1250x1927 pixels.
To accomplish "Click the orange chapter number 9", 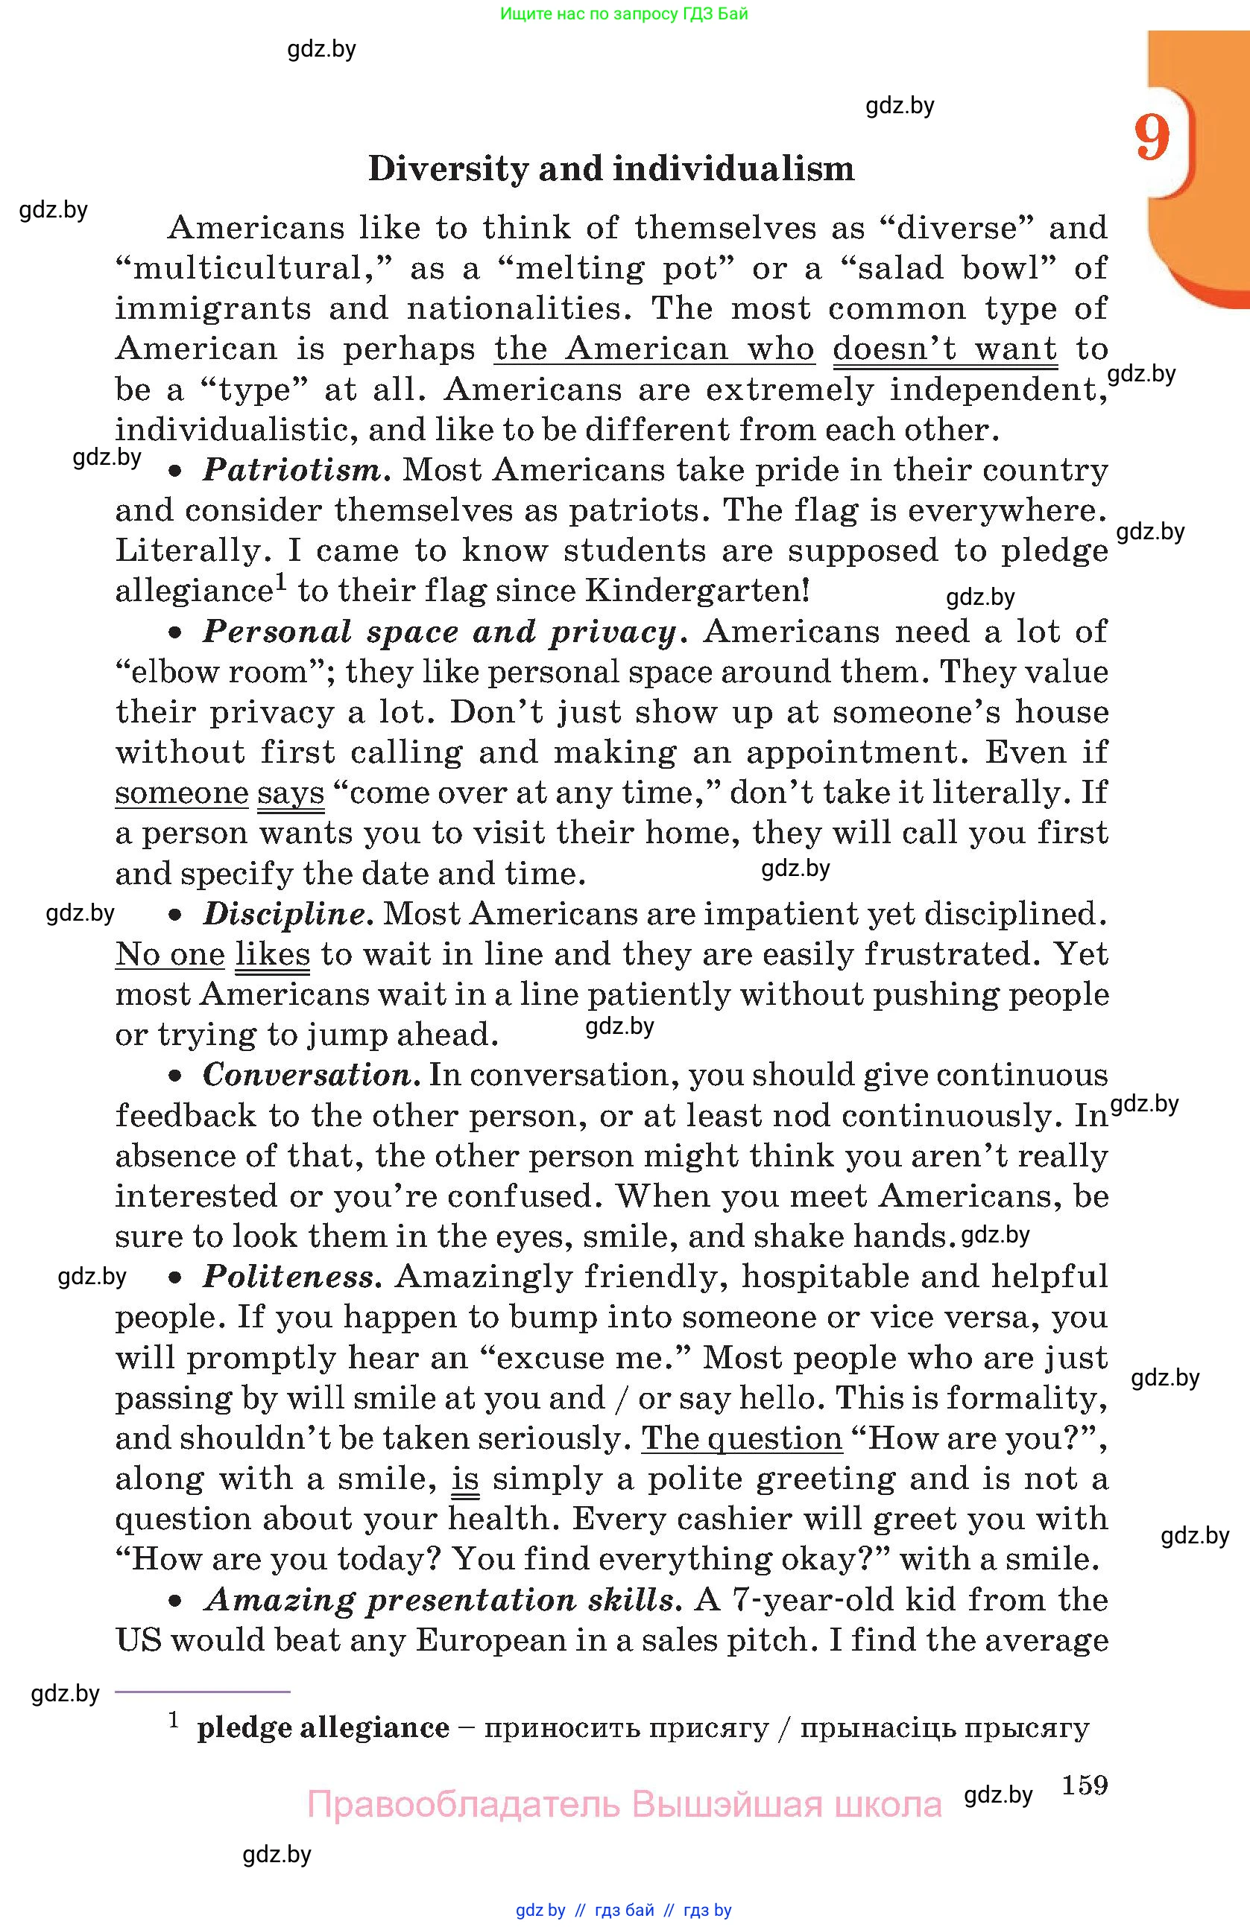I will (1152, 138).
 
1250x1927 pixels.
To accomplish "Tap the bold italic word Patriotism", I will (292, 469).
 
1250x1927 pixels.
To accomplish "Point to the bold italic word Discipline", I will (286, 914).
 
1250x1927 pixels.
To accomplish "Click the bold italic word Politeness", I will (289, 1277).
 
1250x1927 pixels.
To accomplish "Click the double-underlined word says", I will (290, 793).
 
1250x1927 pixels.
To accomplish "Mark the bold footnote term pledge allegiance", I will (323, 1728).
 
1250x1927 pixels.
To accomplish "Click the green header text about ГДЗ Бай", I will (624, 13).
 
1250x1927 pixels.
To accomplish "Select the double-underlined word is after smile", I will (465, 1479).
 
